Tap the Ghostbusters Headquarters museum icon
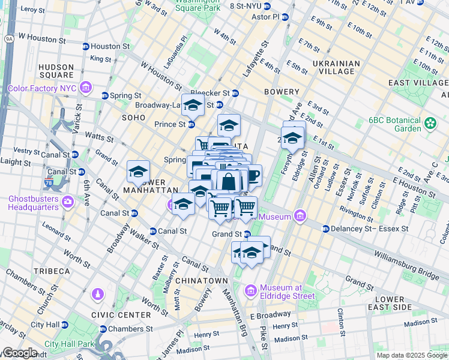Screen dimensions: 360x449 67,200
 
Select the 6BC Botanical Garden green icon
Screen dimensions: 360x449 430,124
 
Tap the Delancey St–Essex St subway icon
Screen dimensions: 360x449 325,229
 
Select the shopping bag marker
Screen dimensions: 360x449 229,181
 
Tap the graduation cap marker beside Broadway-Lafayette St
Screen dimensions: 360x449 193,106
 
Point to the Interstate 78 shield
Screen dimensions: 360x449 52,181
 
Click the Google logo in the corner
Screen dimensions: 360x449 20,353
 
